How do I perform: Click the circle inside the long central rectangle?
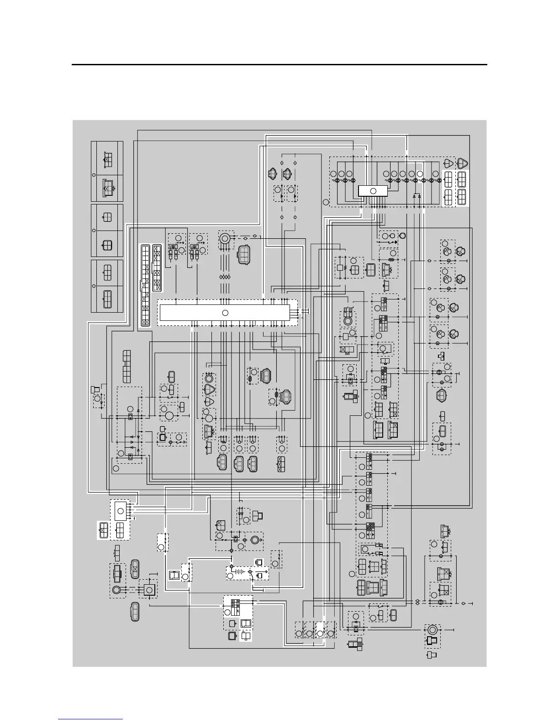pos(225,313)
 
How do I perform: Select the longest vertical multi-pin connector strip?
pos(145,285)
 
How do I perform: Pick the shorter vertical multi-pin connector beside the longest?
pos(157,268)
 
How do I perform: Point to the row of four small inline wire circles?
pos(224,278)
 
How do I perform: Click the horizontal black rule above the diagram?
pos(279,65)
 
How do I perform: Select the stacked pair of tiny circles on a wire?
pos(417,602)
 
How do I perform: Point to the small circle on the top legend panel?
pos(94,174)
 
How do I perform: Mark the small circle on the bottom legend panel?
pos(94,286)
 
